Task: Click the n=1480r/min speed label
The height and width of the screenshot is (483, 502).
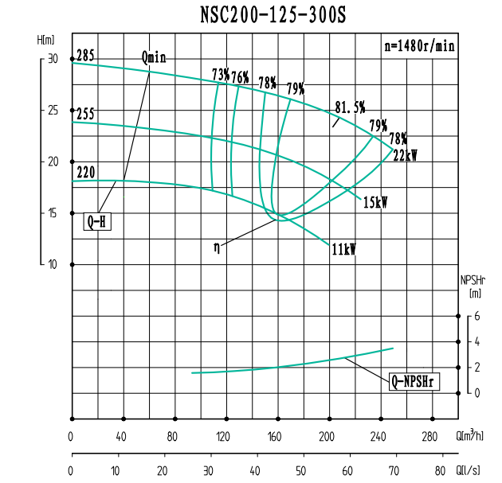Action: [419, 46]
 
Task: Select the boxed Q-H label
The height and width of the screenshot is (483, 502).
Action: [97, 223]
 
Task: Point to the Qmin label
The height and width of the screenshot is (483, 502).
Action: [154, 56]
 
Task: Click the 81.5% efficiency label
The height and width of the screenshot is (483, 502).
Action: [350, 107]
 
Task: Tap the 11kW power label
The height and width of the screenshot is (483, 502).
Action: [343, 249]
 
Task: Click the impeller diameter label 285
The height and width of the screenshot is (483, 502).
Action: [85, 56]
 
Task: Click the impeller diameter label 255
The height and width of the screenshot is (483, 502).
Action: [85, 115]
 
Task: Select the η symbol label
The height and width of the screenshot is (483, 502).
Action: [217, 247]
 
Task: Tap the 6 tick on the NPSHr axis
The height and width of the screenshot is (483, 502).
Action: [477, 316]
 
